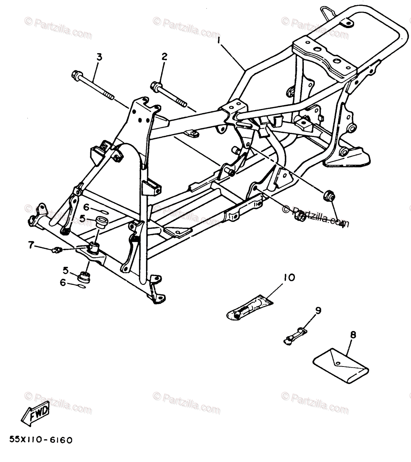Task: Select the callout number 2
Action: coord(164,57)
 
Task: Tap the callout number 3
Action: coord(99,57)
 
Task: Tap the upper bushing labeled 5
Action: coord(101,222)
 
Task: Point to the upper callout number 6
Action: coord(86,207)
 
